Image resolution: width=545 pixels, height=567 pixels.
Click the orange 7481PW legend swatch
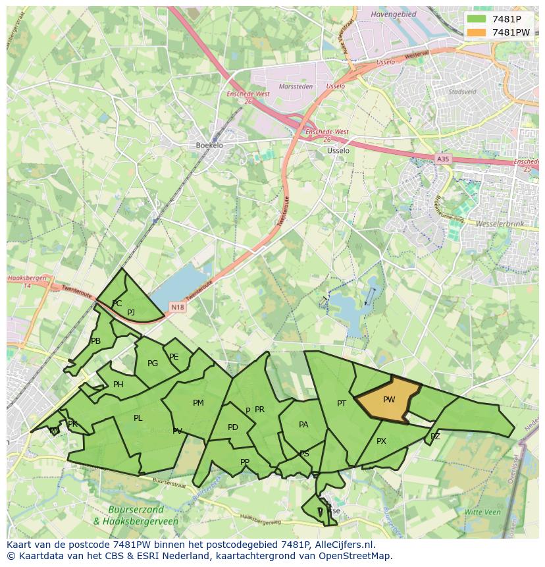click(x=477, y=32)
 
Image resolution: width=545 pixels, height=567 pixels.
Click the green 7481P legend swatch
click(x=477, y=19)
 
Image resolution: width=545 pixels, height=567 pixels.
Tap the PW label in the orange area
click(x=389, y=400)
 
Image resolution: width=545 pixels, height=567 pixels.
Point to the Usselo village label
click(x=338, y=150)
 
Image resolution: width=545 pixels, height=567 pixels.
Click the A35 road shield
click(x=443, y=159)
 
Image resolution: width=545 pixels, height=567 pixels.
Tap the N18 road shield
click(x=177, y=307)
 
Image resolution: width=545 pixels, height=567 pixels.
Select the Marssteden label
click(x=296, y=86)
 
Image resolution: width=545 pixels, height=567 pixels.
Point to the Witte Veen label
click(x=482, y=512)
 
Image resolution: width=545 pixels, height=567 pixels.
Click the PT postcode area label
click(x=342, y=404)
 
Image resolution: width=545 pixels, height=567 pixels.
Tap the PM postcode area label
click(x=198, y=403)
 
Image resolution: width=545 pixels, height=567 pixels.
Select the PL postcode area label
click(x=138, y=418)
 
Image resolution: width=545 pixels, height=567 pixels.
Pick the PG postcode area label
click(x=153, y=364)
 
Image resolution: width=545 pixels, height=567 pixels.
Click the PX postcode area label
click(x=381, y=441)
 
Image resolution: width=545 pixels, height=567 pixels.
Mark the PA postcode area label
click(x=303, y=425)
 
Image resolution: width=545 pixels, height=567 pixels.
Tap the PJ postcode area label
click(x=131, y=313)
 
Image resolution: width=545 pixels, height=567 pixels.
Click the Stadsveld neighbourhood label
click(x=462, y=92)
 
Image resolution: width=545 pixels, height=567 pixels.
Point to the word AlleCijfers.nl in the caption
click(x=343, y=545)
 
